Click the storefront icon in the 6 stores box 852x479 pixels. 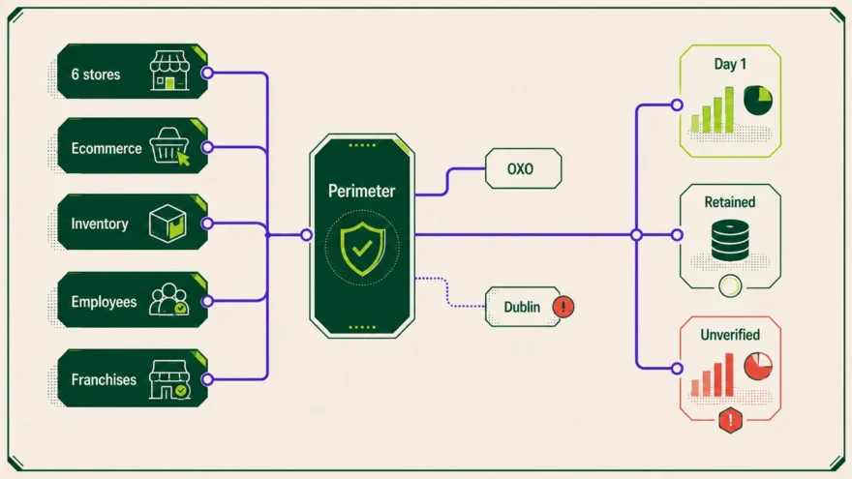[169, 71]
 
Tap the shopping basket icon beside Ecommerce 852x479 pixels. [170, 146]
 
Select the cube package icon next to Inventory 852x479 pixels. [167, 223]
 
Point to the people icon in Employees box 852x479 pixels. [169, 299]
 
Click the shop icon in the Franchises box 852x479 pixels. [169, 379]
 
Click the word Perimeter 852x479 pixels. [361, 192]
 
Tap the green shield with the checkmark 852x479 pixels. [362, 248]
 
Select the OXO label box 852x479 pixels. [523, 168]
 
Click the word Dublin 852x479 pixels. [522, 307]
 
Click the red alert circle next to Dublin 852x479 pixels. [563, 307]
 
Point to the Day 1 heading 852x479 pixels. [730, 64]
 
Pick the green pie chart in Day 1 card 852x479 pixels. [758, 100]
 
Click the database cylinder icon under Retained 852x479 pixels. [730, 240]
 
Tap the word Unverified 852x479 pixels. [730, 335]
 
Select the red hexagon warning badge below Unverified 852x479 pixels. [730, 420]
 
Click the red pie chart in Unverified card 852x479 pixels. [758, 366]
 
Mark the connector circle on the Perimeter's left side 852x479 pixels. [307, 234]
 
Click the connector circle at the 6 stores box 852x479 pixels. [207, 73]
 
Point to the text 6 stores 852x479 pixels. [96, 75]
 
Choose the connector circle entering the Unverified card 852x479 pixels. [677, 369]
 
